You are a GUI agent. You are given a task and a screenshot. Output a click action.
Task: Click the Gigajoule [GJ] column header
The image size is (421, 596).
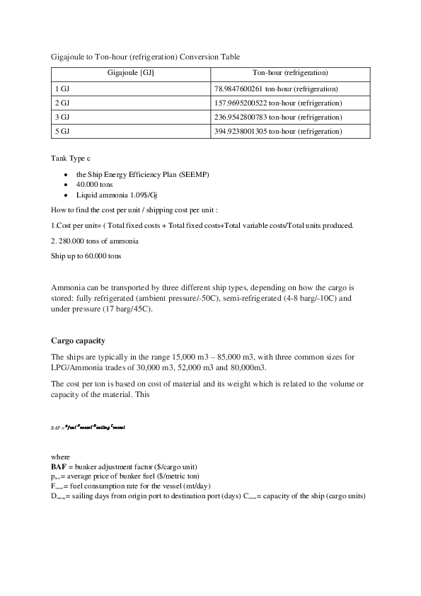131,74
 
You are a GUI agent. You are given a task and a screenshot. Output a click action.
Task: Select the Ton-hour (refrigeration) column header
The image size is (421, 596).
290,74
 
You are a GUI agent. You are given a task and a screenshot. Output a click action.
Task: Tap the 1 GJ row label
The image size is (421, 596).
61,88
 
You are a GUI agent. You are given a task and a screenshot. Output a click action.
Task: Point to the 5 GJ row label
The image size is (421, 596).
61,132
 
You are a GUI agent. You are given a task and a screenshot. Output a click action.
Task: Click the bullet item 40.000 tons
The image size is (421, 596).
91,184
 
